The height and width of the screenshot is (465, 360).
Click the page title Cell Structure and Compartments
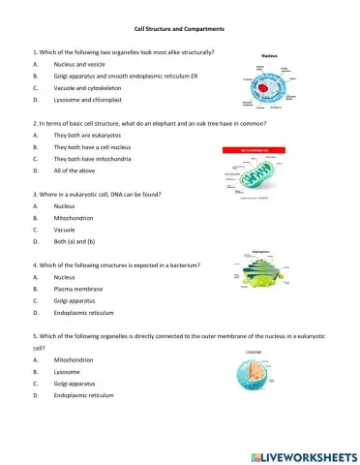coord(181,30)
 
